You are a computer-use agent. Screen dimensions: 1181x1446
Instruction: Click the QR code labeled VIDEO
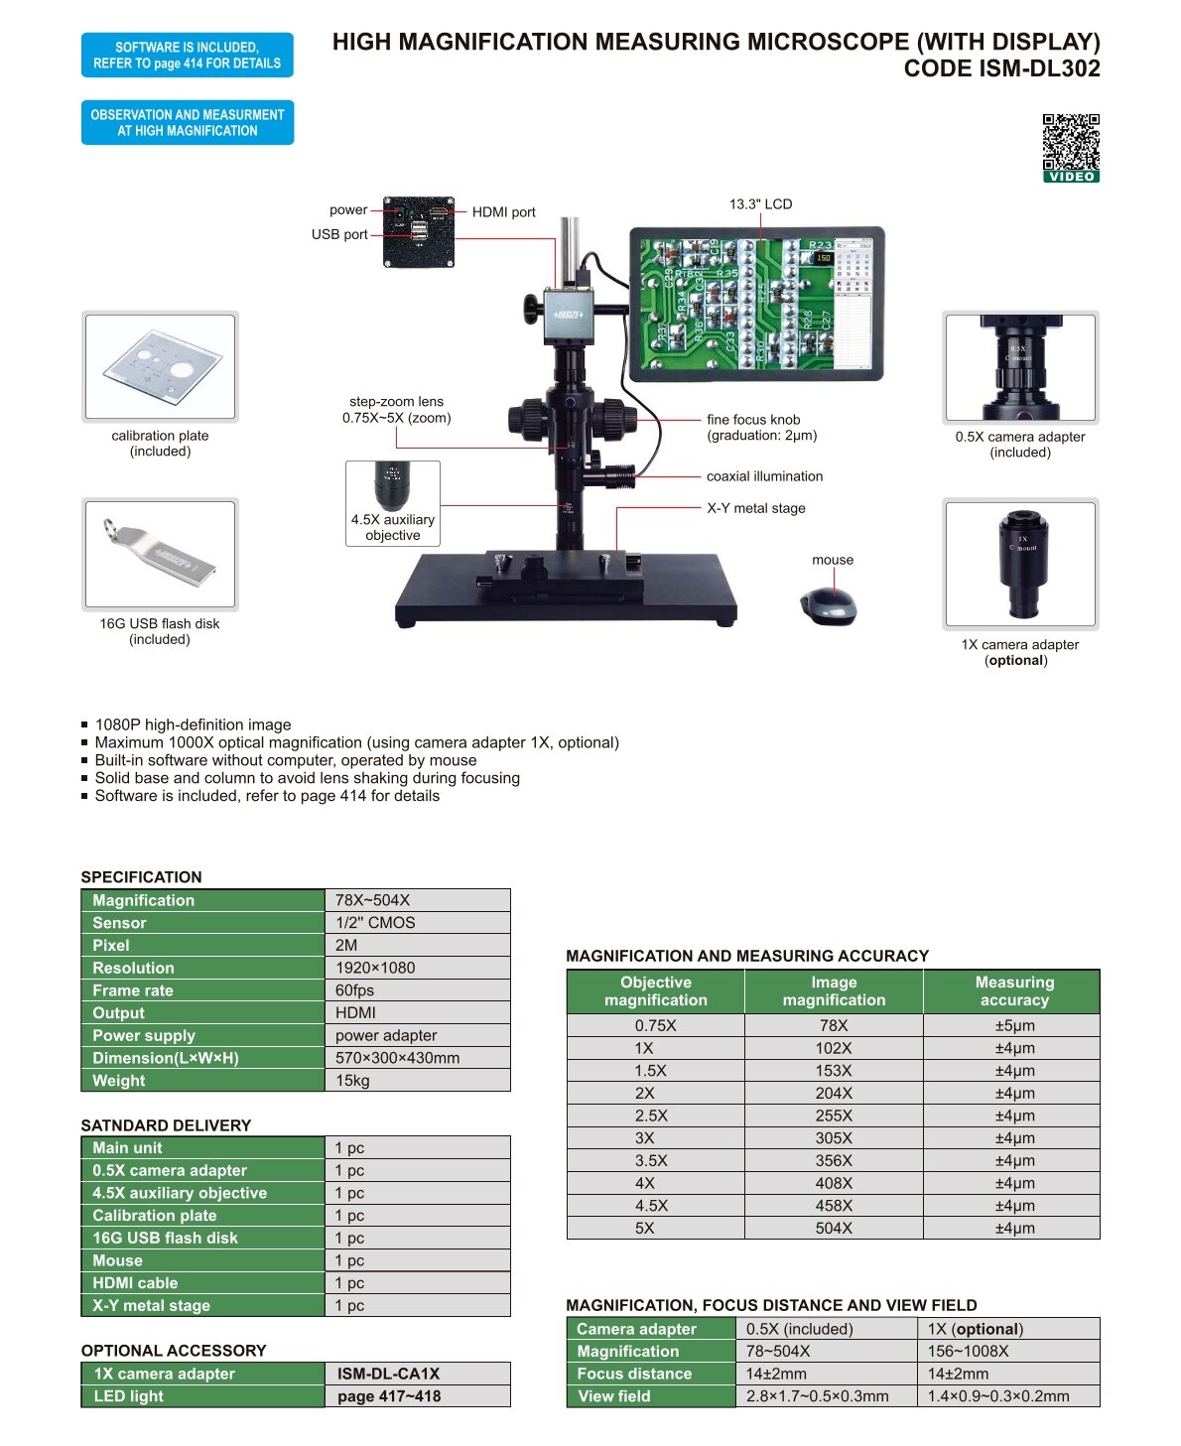[x=1070, y=148]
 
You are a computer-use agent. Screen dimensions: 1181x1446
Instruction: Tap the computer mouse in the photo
[x=828, y=605]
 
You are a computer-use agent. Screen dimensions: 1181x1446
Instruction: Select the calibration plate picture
[x=161, y=366]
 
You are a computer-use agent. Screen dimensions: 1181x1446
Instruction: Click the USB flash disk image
[x=161, y=554]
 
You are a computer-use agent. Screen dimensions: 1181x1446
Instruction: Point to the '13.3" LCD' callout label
[x=760, y=204]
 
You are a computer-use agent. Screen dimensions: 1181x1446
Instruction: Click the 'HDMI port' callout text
[x=503, y=212]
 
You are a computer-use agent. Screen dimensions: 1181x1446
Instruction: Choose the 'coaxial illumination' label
[x=764, y=475]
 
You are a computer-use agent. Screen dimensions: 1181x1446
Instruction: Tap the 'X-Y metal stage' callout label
[x=756, y=508]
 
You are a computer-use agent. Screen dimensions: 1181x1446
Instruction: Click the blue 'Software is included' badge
[x=188, y=55]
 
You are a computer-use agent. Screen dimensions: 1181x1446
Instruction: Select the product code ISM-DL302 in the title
[x=1001, y=68]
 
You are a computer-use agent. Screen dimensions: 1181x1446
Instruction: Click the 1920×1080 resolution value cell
[x=417, y=967]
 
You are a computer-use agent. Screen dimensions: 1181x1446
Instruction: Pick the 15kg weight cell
[x=417, y=1080]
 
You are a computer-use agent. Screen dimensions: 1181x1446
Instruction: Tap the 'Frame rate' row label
[x=133, y=990]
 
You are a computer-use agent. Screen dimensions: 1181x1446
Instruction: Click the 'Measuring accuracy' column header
[x=1014, y=990]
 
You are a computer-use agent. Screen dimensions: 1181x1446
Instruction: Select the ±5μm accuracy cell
[x=1014, y=1025]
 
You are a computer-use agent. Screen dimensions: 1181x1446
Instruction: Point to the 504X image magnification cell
[x=834, y=1228]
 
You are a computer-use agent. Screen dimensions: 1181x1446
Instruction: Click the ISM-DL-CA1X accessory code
[x=388, y=1374]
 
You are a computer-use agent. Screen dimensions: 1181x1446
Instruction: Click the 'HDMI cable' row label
[x=135, y=1283]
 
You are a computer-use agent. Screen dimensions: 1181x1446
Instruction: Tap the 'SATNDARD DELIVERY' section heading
[x=166, y=1125]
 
